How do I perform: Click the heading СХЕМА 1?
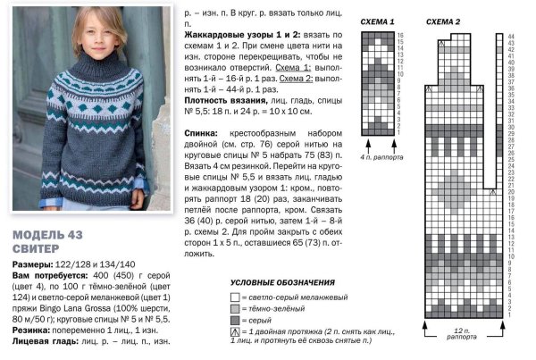point(379,21)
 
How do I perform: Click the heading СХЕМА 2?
point(444,21)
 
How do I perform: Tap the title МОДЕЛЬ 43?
point(52,236)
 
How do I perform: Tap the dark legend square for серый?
point(234,320)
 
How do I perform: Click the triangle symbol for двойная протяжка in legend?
point(234,332)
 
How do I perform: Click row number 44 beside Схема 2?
point(510,35)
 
